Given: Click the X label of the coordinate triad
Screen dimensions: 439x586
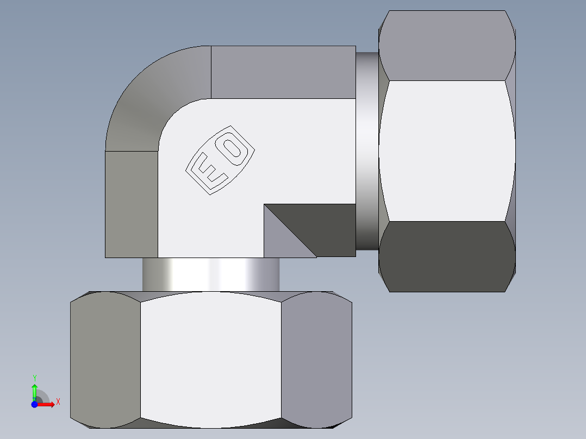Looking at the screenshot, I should [58, 402].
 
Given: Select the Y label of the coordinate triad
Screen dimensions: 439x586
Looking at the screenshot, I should [34, 378].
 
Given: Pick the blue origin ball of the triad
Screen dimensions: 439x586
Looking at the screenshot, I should [34, 404].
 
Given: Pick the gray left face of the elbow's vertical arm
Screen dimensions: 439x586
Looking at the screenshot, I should [131, 204].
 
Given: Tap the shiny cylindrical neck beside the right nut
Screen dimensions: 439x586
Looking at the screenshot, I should [367, 152].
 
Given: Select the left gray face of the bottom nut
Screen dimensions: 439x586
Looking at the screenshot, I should [105, 359].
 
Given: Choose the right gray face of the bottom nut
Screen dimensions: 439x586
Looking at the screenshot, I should [316, 359].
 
